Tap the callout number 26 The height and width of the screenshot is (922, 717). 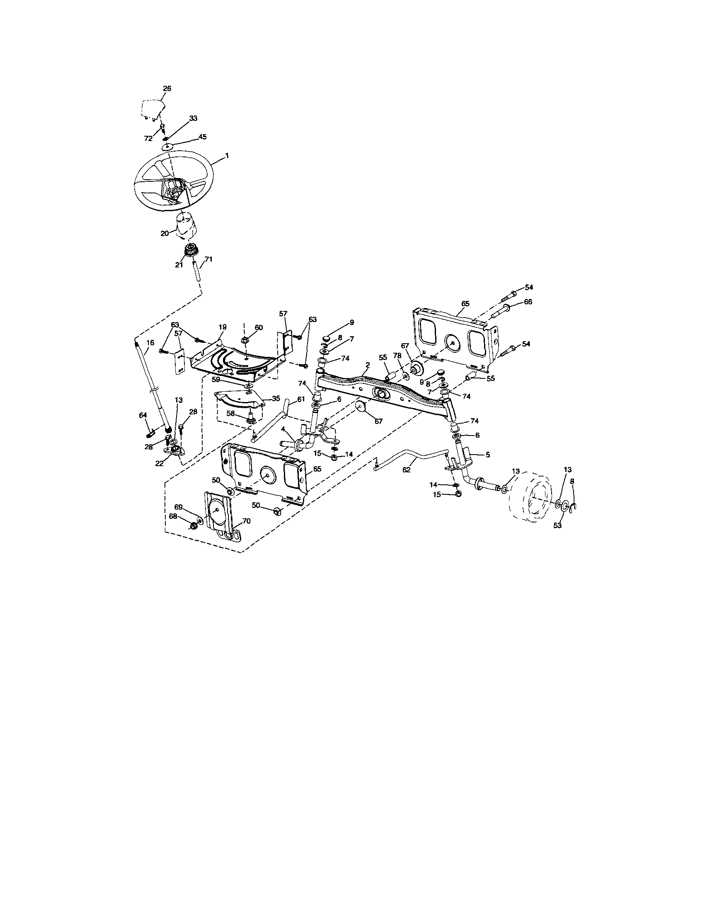point(167,89)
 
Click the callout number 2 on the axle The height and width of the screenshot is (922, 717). point(368,364)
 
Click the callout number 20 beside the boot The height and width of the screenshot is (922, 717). point(165,233)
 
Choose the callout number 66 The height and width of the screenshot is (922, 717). point(528,302)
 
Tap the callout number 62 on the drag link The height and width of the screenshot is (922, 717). point(407,469)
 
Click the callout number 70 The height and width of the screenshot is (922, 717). point(246,521)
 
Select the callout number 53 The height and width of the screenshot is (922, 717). point(558,526)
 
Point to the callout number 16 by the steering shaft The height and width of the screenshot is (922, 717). point(150,343)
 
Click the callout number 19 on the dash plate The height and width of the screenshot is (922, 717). point(223,327)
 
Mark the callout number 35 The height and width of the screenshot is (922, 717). point(276,398)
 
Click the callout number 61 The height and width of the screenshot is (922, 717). point(300,399)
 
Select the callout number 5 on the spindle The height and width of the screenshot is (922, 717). point(487,455)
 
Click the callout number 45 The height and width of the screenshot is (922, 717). point(203,137)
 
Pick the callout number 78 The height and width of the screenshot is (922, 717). point(397,356)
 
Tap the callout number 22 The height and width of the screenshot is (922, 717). point(159,463)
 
